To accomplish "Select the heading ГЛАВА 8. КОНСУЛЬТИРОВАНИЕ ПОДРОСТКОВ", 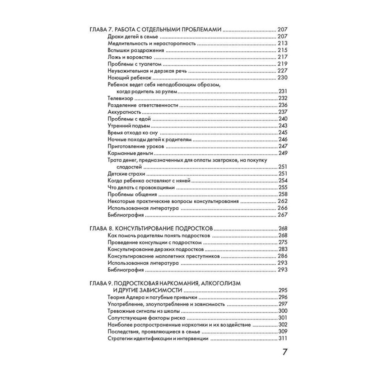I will (x=151, y=229).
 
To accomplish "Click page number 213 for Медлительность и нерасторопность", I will (x=282, y=43).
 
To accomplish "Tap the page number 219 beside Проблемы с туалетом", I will (x=282, y=64).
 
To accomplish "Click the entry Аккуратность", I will (x=124, y=112).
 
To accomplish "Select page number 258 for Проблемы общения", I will (x=282, y=194).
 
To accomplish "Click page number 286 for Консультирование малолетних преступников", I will (x=282, y=256).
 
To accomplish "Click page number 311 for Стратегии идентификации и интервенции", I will (x=282, y=339).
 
